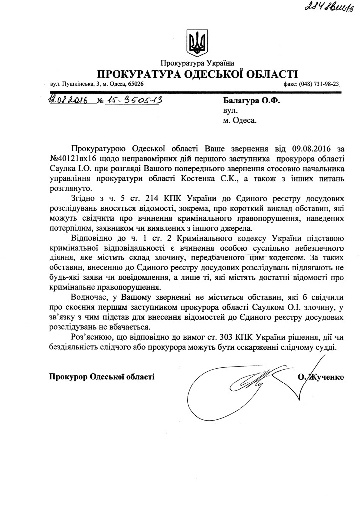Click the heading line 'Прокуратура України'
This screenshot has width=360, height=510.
(197, 63)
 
